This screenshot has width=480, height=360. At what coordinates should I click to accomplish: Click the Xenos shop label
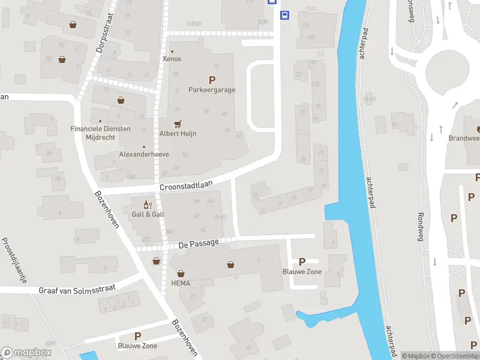172,59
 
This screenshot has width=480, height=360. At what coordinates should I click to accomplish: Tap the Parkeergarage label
211,90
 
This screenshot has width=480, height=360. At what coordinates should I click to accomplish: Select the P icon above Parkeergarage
211,80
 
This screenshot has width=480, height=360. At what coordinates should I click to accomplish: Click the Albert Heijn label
178,134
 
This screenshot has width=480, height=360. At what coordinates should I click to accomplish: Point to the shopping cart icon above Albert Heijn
177,124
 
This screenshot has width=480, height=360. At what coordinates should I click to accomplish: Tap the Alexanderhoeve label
144,154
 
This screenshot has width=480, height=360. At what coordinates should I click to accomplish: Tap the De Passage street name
199,245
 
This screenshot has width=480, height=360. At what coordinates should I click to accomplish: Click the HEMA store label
181,283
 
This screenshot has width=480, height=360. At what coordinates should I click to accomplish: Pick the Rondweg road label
421,224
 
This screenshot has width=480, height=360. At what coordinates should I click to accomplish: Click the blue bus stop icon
285,16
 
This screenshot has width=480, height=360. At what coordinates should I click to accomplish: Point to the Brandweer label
464,138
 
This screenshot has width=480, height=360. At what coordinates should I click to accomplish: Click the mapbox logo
26,353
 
